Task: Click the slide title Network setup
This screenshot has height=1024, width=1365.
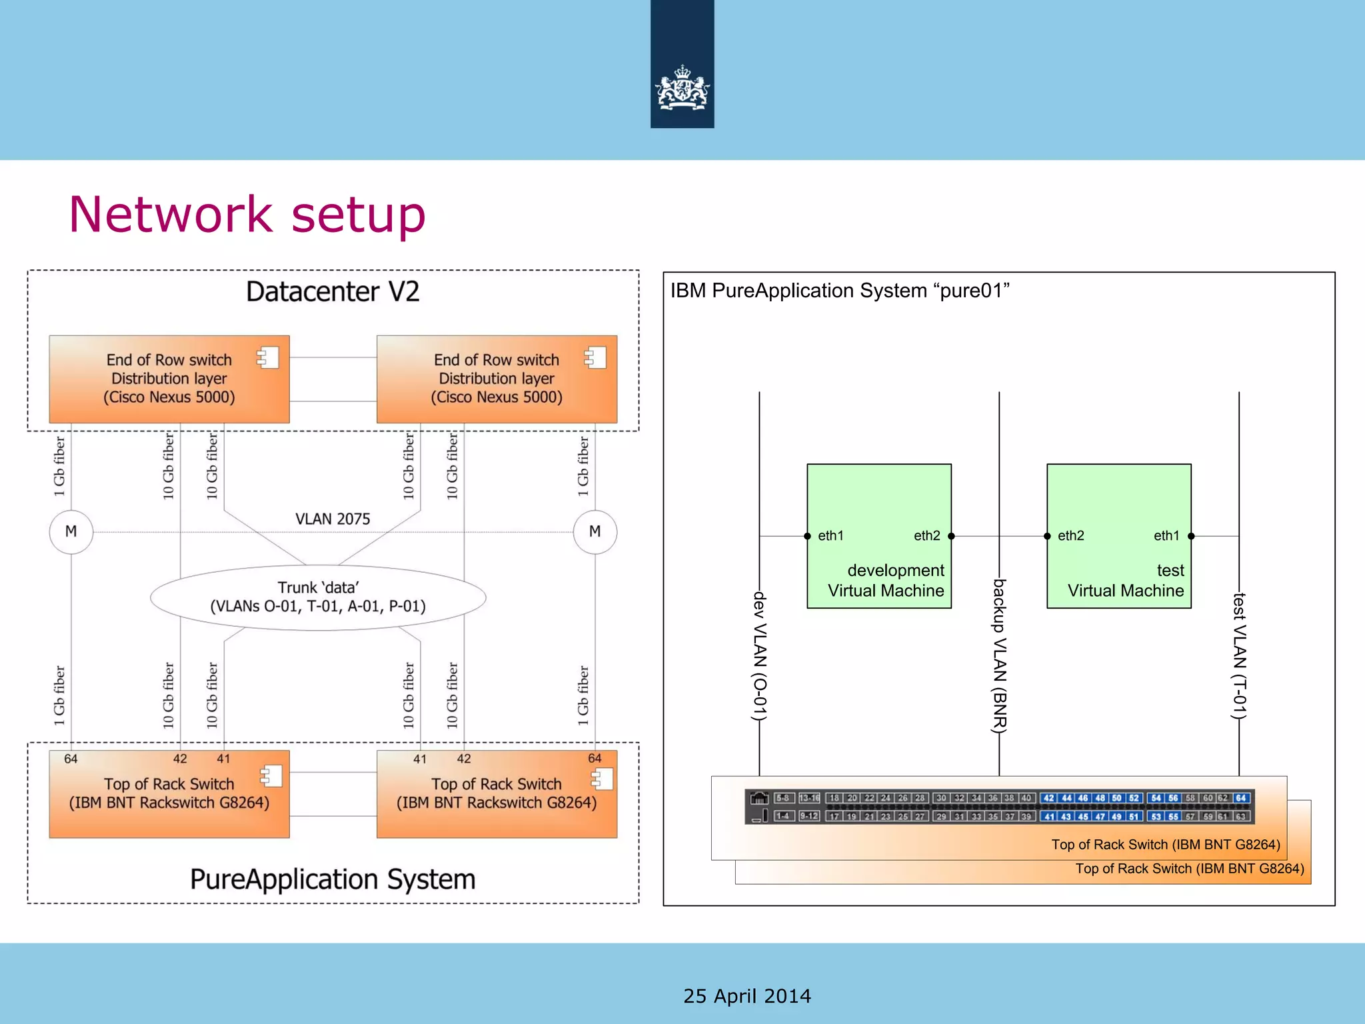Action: coord(247,214)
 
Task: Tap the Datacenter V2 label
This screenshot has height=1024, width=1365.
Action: coord(333,291)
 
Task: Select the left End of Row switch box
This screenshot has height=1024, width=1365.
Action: coord(169,379)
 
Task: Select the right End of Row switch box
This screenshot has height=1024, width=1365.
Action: coord(497,379)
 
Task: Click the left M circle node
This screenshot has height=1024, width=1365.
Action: coord(71,531)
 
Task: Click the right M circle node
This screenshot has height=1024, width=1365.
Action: coord(595,531)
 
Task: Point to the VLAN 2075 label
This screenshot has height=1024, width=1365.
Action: coord(333,519)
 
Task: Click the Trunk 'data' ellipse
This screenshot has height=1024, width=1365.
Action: coord(318,597)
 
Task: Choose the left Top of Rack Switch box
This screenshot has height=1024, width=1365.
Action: coord(169,794)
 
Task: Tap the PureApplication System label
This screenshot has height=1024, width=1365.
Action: coord(333,879)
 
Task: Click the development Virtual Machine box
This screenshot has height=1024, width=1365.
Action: coord(879,536)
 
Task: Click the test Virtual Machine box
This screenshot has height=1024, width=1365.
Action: coord(1119,536)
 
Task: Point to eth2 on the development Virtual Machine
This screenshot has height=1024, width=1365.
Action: coord(927,535)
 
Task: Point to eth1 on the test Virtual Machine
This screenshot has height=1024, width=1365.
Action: coord(1166,535)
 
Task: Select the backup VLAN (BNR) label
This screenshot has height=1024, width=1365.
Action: coord(999,656)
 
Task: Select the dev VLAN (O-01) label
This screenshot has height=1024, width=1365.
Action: coord(760,656)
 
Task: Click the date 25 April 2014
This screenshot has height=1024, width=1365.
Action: coord(747,996)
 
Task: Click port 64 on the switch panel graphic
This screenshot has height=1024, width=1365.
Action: coord(1240,798)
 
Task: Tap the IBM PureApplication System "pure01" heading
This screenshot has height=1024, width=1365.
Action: coord(840,291)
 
